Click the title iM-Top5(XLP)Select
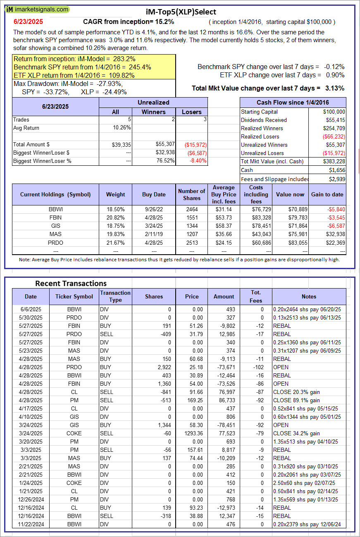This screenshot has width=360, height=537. pyautogui.click(x=181, y=12)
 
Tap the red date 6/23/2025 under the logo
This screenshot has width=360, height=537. pyautogui.click(x=28, y=21)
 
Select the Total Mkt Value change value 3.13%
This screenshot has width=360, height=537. pyautogui.click(x=334, y=88)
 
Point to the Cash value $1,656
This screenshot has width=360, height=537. pyautogui.click(x=337, y=170)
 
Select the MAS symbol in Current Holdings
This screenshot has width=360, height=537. pyautogui.click(x=55, y=234)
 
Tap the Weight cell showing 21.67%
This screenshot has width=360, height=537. pyautogui.click(x=115, y=242)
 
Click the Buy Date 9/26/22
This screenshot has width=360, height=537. pyautogui.click(x=154, y=209)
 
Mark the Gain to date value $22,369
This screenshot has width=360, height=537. pyautogui.click(x=334, y=242)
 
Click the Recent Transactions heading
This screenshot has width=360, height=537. pyautogui.click(x=71, y=284)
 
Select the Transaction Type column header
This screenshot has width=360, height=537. pyautogui.click(x=115, y=296)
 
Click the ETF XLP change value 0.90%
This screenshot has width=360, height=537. pyautogui.click(x=335, y=75)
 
